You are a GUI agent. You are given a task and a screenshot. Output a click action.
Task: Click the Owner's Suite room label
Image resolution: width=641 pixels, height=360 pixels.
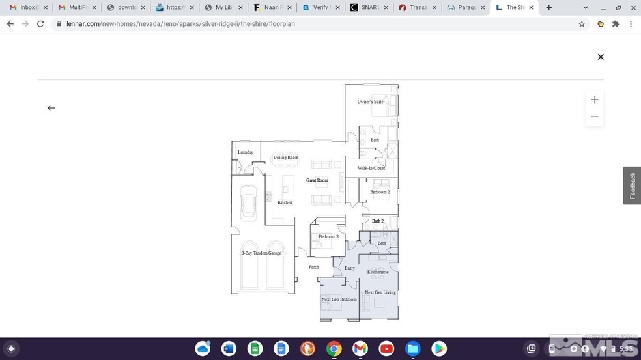370,102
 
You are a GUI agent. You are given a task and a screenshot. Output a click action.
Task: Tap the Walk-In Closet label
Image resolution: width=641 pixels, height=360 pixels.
371,168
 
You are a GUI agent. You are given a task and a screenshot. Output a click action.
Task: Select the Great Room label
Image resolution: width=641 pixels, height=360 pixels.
317,180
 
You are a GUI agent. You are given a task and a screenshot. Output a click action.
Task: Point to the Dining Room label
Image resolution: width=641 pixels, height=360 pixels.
286,158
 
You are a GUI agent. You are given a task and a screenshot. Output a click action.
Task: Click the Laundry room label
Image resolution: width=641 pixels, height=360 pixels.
245,152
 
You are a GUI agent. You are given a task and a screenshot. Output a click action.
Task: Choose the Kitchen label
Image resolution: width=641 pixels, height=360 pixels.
285,202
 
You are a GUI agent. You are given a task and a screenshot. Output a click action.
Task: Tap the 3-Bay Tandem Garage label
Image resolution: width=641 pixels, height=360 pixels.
261,253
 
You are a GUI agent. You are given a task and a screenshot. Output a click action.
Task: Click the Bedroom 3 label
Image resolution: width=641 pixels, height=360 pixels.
328,236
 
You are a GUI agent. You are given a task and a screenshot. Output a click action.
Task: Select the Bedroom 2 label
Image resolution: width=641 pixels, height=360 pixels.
380,192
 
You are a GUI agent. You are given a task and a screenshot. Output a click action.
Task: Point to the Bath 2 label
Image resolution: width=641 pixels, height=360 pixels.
378,221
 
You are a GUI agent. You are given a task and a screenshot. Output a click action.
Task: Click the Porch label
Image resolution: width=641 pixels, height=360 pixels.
314,267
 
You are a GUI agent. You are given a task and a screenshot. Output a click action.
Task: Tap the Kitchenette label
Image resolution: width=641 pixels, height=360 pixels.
378,272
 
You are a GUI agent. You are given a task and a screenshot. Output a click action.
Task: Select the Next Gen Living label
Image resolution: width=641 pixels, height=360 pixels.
380,292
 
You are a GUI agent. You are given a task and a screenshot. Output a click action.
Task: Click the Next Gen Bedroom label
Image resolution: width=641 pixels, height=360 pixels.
339,299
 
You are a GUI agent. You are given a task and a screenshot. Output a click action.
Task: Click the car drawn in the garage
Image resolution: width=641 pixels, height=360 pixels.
249,202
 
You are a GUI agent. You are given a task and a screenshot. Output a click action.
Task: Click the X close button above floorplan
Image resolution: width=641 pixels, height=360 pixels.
601,57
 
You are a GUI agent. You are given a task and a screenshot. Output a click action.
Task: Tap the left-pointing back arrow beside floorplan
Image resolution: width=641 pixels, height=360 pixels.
51,108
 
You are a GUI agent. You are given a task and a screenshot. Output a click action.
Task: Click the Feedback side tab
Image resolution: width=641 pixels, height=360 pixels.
632,186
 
